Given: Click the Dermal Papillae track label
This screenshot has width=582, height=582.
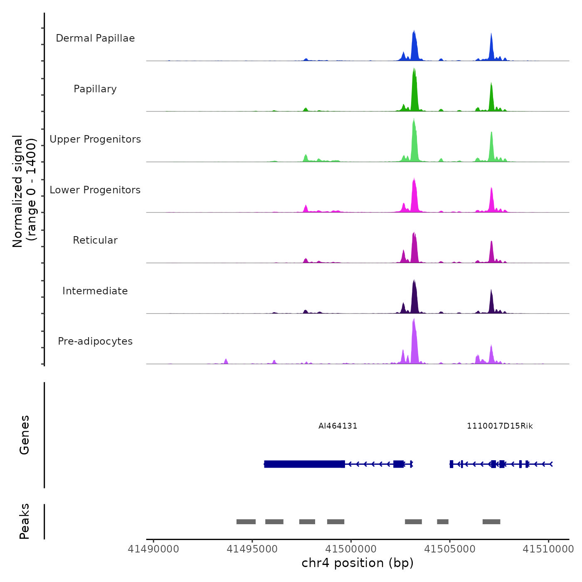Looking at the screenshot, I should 95,38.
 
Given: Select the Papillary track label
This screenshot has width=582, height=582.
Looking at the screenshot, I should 95,89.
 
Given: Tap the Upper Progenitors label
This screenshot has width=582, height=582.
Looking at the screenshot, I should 95,139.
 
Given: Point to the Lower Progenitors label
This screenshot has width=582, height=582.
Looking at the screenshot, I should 95,190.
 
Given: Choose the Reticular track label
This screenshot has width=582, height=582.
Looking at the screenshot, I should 95,240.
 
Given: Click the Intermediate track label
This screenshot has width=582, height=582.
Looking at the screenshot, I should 95,291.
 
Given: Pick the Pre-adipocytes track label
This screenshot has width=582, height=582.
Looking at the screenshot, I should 95,341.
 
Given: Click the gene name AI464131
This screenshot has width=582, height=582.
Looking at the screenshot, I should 338,426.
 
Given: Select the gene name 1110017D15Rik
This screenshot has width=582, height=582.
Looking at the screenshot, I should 500,426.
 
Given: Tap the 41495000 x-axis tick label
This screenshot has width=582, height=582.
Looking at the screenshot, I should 252,549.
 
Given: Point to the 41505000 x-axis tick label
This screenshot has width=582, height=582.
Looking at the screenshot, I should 449,549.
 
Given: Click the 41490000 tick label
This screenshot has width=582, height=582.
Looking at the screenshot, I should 153,549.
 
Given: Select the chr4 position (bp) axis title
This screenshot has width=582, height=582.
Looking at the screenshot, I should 358,563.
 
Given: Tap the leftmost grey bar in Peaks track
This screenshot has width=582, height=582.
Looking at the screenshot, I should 246,522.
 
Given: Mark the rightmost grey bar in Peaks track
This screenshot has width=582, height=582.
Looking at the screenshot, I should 491,522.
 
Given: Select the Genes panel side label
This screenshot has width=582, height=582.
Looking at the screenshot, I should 25,435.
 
